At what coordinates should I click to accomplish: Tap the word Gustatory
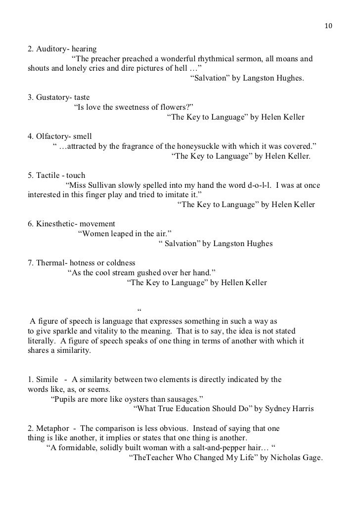click(51, 98)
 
